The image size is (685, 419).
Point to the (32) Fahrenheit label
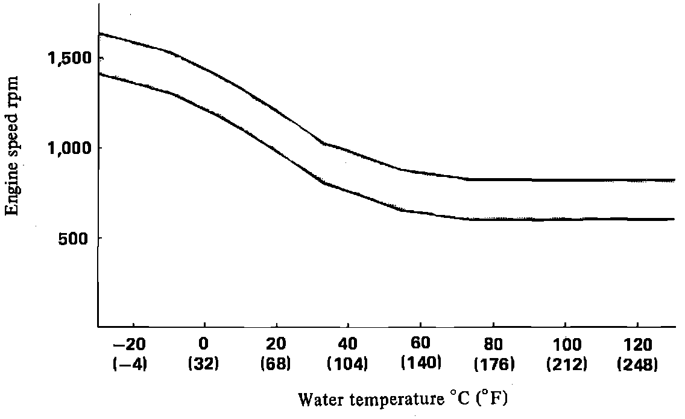coord(204,364)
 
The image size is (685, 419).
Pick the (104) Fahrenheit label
coord(348,364)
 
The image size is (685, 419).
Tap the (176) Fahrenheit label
coord(493,364)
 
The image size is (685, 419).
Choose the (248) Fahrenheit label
coord(637,364)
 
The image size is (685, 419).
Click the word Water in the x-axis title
coord(318,399)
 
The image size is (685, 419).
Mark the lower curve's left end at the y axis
coord(99,74)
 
